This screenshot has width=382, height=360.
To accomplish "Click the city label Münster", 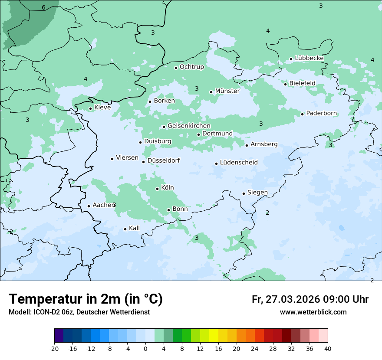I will coord(227,91).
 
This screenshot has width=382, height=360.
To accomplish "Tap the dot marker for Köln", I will coord(157,189).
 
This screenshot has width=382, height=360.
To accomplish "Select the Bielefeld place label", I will coord(302,83).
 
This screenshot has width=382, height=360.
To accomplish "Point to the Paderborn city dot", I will coord(302,114).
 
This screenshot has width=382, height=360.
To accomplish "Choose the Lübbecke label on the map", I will coord(309,58).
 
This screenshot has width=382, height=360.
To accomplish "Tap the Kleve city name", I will coord(102,108).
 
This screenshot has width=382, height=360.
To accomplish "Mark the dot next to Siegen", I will coord(244,193).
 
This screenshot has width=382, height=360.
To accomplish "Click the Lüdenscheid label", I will coord(239,163).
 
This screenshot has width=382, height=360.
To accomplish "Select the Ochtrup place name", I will coord(191,67).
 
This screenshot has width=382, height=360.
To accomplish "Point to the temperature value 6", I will coord(43,7).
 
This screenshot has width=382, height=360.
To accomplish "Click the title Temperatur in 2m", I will coord(86,299).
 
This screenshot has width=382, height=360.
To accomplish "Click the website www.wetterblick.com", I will coord(313,312).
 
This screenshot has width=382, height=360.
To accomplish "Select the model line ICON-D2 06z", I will coord(79,312).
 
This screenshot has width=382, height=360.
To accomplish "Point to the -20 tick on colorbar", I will coord(54,349).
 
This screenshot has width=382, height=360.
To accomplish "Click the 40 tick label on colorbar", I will coord(328,349).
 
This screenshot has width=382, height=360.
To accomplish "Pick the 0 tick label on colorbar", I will coord(145,349).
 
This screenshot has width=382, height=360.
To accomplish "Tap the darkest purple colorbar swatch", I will coord(59,336).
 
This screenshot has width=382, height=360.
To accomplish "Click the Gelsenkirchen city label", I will coord(189,126).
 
